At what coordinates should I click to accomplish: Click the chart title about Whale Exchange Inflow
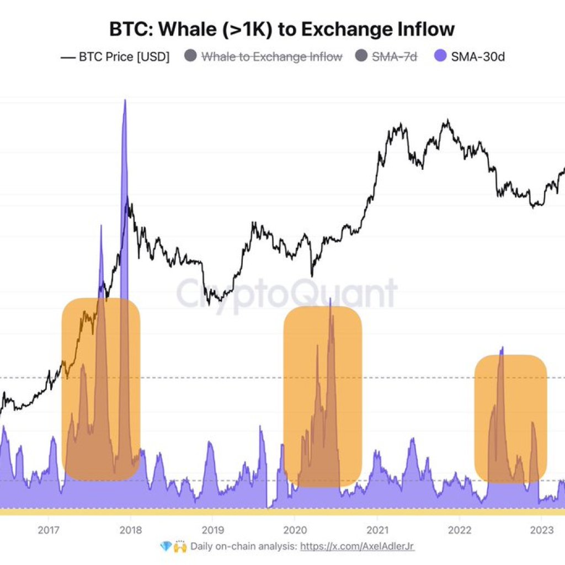[282, 29]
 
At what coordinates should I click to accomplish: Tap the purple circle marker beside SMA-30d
[441, 56]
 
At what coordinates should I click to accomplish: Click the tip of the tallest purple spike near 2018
[125, 100]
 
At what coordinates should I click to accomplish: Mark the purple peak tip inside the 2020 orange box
[330, 300]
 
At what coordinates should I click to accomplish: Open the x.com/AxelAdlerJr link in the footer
[357, 547]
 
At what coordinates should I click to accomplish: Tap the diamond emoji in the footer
[166, 547]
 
